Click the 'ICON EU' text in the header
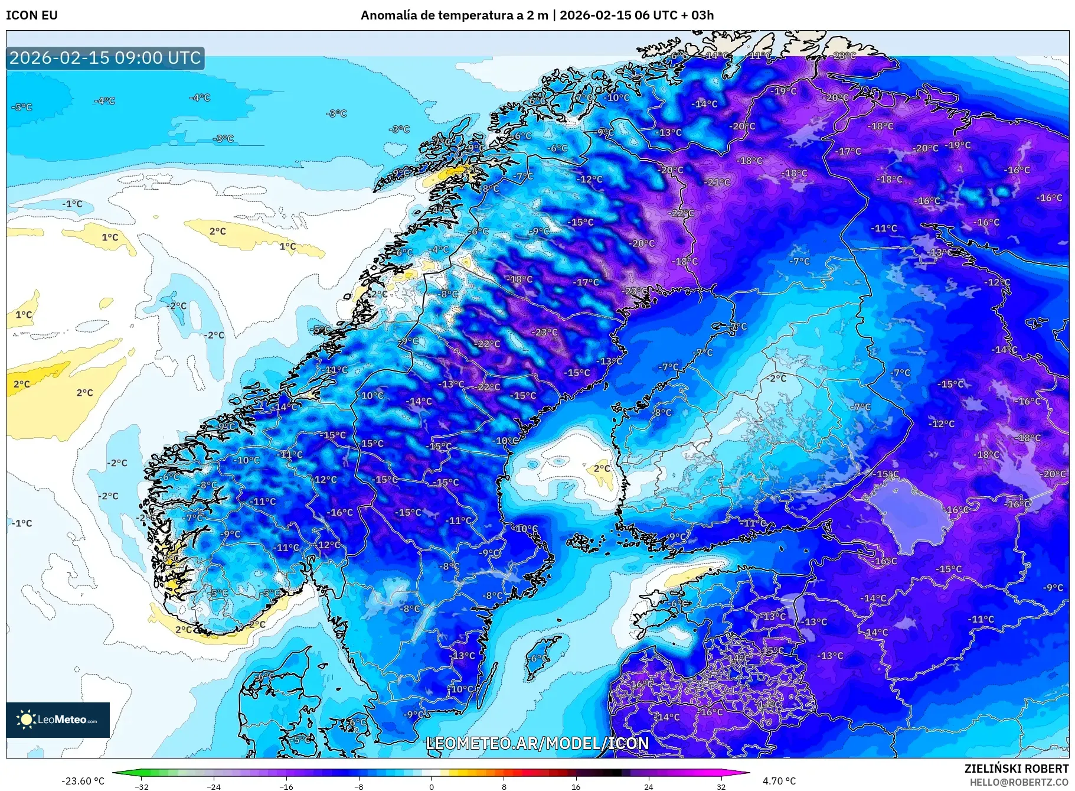[32, 15]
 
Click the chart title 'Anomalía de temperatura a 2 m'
[454, 15]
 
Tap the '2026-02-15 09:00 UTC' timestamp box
[105, 58]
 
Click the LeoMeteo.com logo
[58, 720]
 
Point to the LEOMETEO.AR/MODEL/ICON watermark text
[537, 743]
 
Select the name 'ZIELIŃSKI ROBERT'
[1016, 769]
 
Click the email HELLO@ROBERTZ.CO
[1019, 782]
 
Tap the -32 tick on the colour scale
[142, 787]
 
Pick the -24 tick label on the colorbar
[214, 787]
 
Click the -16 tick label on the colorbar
[286, 787]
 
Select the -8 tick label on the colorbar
[359, 787]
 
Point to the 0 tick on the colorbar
[432, 787]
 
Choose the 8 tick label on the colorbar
[504, 787]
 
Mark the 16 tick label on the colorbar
[576, 787]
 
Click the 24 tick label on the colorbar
[648, 787]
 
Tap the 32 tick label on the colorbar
[721, 787]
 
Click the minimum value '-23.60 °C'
[83, 781]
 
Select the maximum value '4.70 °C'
[779, 781]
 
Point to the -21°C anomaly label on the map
[717, 183]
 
